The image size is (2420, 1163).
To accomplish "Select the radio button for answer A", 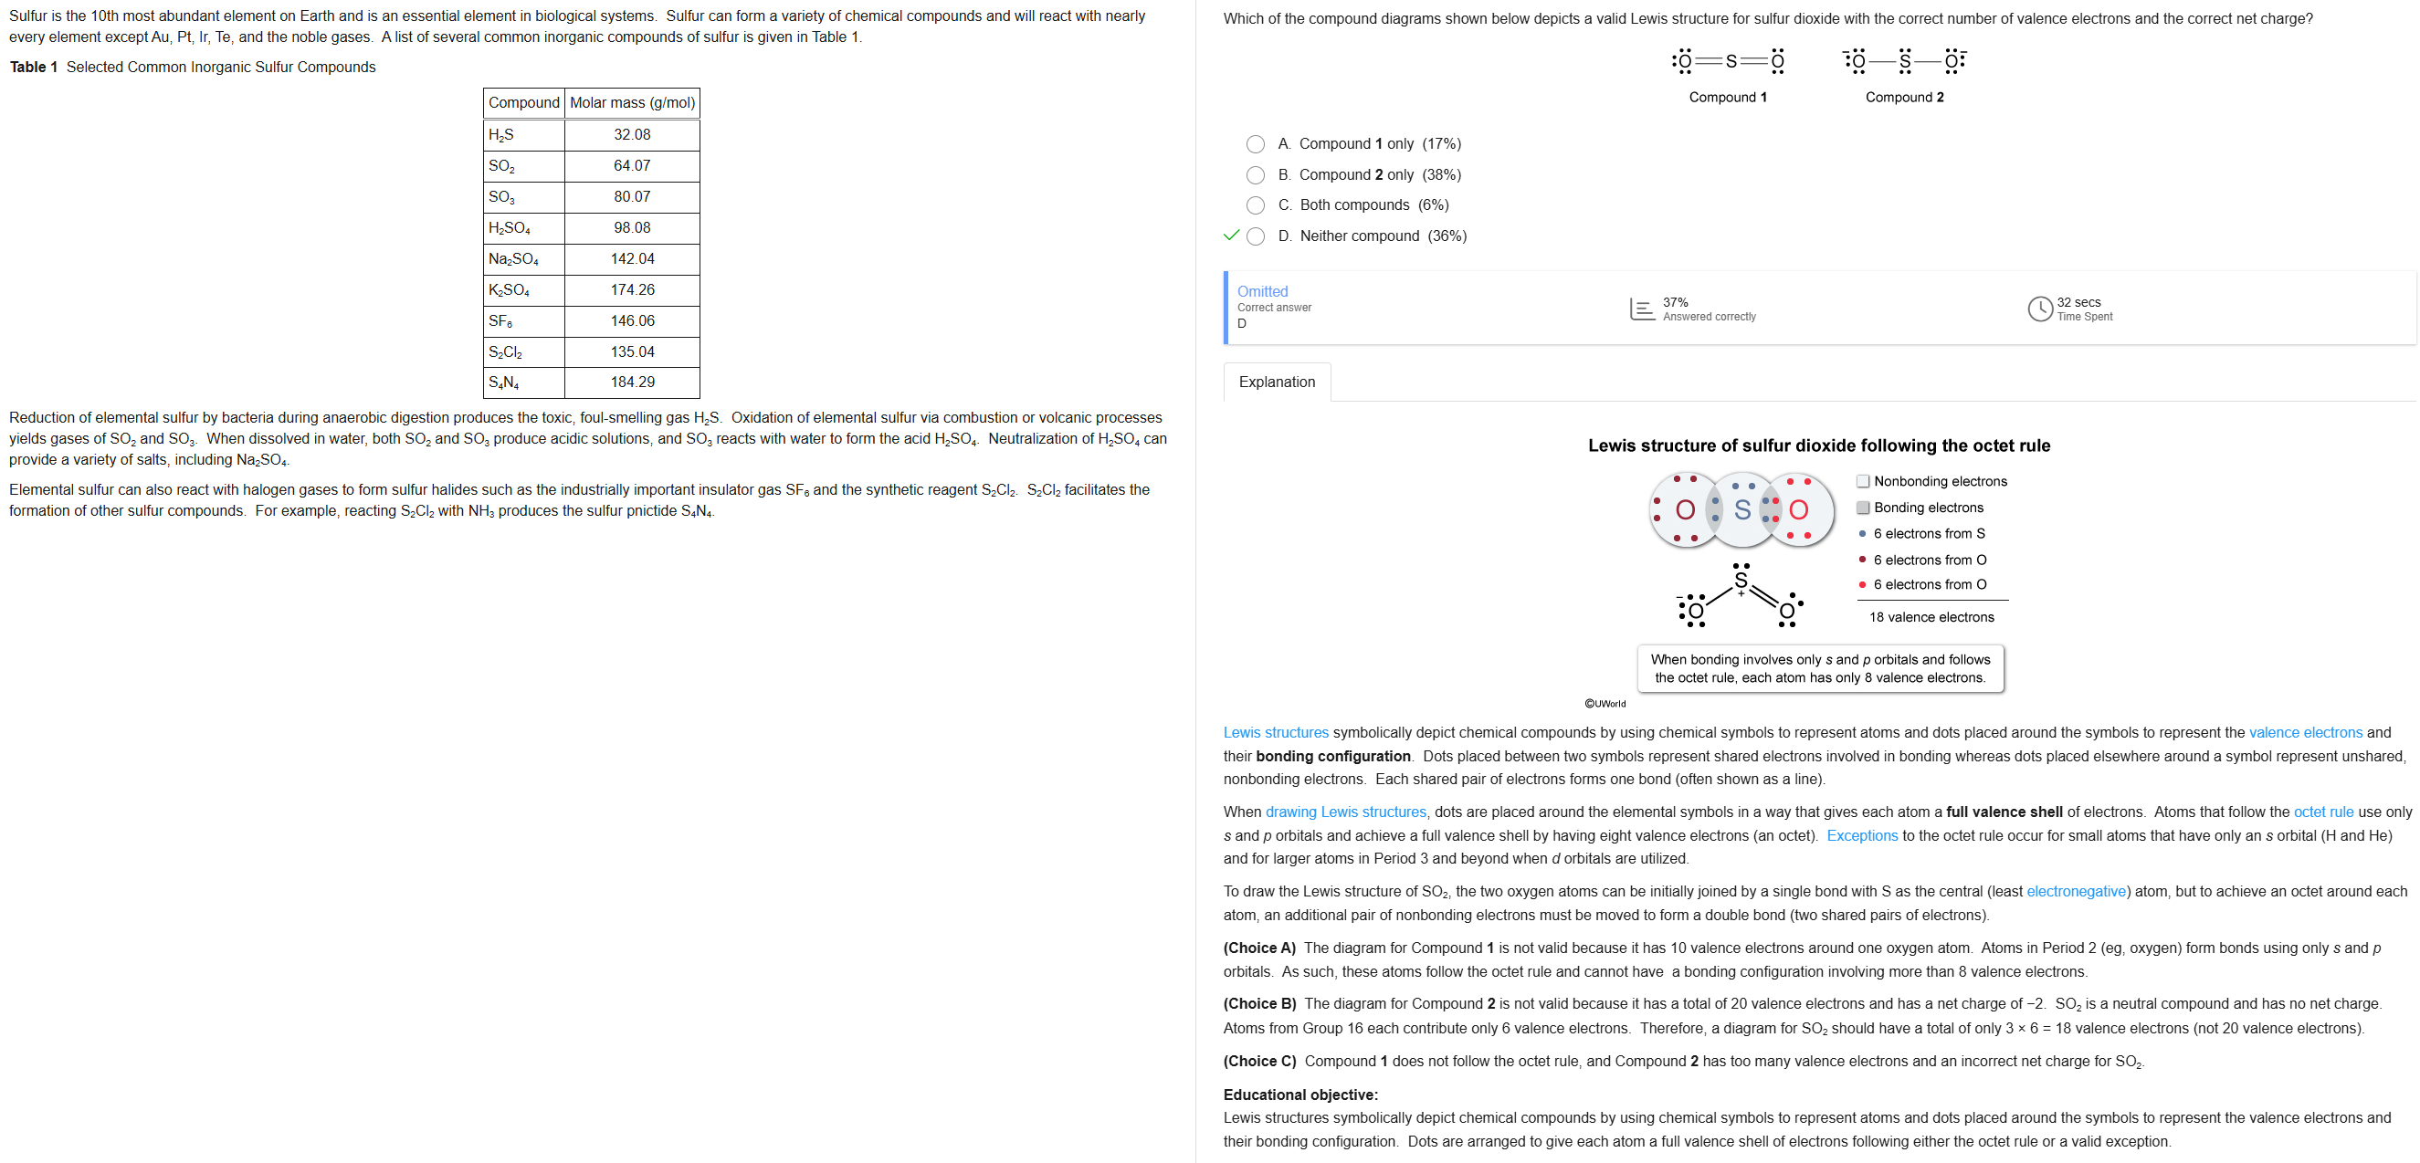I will pyautogui.click(x=1255, y=143).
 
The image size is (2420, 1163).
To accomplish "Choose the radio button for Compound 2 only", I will pyautogui.click(x=1255, y=174).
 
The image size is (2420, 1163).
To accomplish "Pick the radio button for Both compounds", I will pyautogui.click(x=1255, y=204).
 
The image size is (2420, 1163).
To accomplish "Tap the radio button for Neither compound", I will pyautogui.click(x=1255, y=236).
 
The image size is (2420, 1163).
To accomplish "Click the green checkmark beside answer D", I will pyautogui.click(x=1231, y=235).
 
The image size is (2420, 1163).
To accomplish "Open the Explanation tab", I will pyautogui.click(x=1276, y=382).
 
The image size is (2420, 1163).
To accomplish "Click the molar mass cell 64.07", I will pyautogui.click(x=631, y=165).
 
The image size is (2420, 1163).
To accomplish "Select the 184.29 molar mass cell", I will pyautogui.click(x=631, y=382).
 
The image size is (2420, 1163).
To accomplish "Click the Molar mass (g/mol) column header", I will pyautogui.click(x=632, y=102).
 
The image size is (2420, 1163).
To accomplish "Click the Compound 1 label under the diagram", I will pyautogui.click(x=1727, y=97).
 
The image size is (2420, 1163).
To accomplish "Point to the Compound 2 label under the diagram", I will pyautogui.click(x=1903, y=97).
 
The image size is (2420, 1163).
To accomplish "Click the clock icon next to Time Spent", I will pyautogui.click(x=2039, y=309).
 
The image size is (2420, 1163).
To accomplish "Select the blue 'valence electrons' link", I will pyautogui.click(x=2304, y=732).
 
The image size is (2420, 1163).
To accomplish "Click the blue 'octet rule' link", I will pyautogui.click(x=2323, y=812).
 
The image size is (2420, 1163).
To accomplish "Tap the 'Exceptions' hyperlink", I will pyautogui.click(x=1861, y=835).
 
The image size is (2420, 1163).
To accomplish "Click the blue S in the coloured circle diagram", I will pyautogui.click(x=1741, y=509).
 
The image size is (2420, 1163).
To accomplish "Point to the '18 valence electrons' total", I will pyautogui.click(x=1931, y=617).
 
